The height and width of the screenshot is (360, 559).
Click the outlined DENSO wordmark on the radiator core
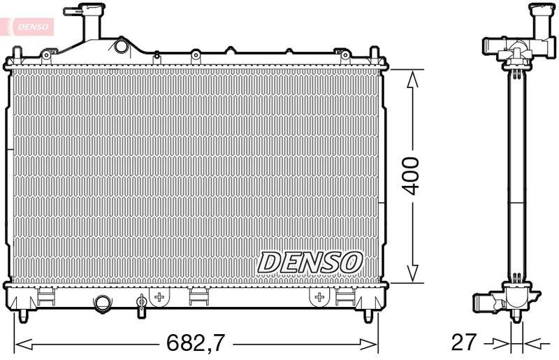tap(311, 262)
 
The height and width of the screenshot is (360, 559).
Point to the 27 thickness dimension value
tap(465, 343)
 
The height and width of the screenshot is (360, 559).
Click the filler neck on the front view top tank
tap(89, 24)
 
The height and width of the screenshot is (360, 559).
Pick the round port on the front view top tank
tap(122, 46)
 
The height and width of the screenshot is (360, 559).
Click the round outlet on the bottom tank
tap(103, 303)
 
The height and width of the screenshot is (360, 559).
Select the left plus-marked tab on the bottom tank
tap(159, 297)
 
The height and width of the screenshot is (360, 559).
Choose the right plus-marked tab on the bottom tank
tap(319, 297)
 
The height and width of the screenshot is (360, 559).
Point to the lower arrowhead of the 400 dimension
tap(412, 274)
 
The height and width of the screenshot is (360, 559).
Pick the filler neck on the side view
tap(543, 21)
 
